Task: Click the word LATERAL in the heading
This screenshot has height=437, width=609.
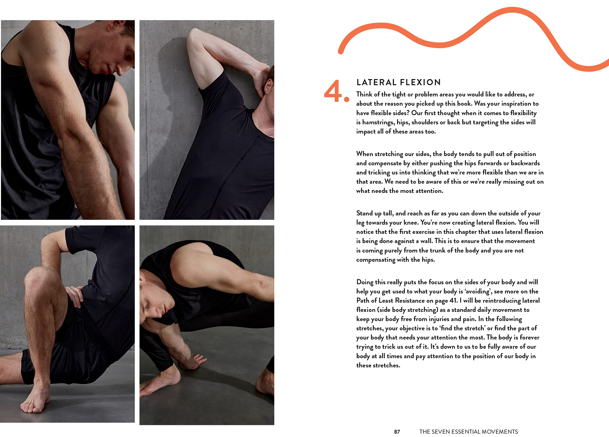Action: point(376,82)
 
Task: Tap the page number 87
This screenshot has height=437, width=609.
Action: point(397,432)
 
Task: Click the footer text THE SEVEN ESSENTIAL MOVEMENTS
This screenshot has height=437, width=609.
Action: point(469,432)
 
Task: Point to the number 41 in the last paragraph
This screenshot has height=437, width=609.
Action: point(453,300)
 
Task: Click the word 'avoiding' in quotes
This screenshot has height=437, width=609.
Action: point(478,291)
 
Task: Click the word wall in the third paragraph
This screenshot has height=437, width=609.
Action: point(426,241)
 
